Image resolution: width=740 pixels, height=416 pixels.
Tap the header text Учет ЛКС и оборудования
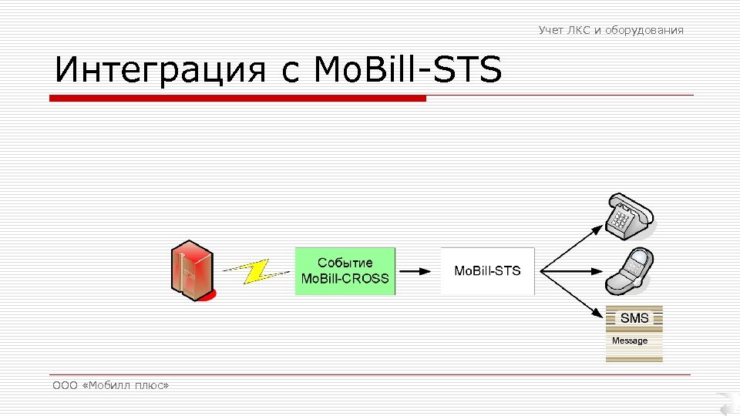pyautogui.click(x=610, y=30)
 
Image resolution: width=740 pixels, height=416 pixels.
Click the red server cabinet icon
pyautogui.click(x=191, y=270)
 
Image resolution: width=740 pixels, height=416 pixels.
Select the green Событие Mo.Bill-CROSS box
pyautogui.click(x=345, y=270)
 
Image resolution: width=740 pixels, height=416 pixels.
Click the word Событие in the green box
pyautogui.click(x=345, y=263)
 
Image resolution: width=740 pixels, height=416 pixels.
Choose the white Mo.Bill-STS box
pyautogui.click(x=487, y=271)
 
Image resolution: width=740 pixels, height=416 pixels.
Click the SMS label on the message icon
pyautogui.click(x=634, y=318)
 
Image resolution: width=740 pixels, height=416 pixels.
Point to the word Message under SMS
pyautogui.click(x=630, y=341)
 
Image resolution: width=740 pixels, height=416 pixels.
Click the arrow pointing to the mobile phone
pyautogui.click(x=570, y=271)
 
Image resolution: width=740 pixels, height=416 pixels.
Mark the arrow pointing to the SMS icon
pyautogui.click(x=570, y=293)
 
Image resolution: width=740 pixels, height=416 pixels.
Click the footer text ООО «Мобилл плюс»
pyautogui.click(x=110, y=385)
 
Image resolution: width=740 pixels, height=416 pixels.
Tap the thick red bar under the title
pyautogui.click(x=237, y=99)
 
